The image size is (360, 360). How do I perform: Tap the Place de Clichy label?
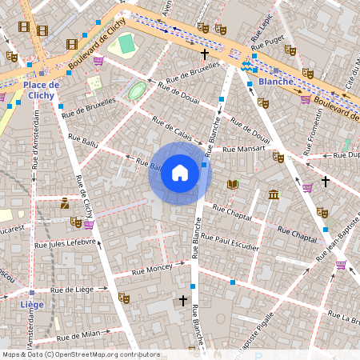(42, 90)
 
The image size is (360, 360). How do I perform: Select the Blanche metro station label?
(276, 81)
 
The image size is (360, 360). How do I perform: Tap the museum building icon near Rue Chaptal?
(274, 194)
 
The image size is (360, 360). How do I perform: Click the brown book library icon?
(233, 184)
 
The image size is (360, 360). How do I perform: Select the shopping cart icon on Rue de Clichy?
(88, 225)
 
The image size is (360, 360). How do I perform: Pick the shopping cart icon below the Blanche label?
(306, 99)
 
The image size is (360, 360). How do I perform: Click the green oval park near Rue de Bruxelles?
(137, 90)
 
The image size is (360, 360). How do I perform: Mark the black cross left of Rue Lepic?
(205, 54)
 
